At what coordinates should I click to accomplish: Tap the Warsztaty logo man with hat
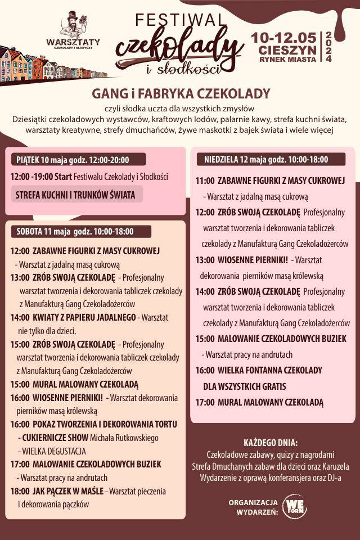[74, 24]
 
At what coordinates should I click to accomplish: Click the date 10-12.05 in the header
[283, 37]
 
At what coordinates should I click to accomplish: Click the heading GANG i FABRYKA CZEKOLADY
[181, 93]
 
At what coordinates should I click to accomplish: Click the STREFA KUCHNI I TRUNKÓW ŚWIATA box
[76, 195]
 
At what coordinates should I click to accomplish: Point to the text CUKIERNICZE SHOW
[55, 437]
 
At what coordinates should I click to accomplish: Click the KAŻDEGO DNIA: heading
[271, 442]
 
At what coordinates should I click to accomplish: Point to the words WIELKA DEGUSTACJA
[54, 451]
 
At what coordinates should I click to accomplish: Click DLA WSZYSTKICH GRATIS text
[245, 386]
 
